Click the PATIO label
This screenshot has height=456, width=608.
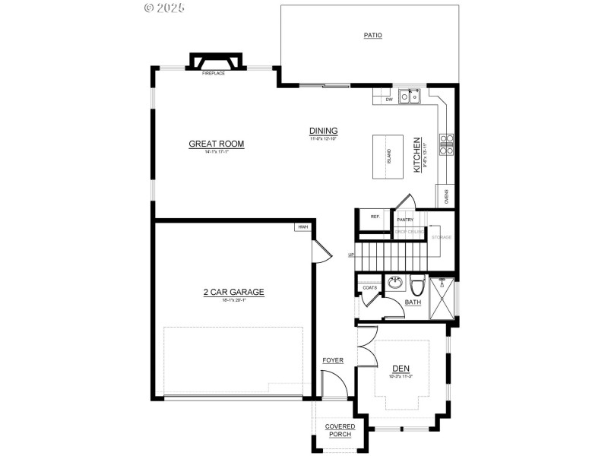(x=372, y=35)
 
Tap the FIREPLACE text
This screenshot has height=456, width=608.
(x=213, y=74)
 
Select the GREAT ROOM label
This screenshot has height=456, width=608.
(x=217, y=144)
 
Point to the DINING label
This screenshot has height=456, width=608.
(x=323, y=131)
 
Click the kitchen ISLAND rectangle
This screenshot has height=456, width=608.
(x=389, y=157)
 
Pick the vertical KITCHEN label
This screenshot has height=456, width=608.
(x=416, y=155)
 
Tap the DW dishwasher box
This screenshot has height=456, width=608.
(x=388, y=99)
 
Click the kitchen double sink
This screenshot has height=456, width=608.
(x=410, y=97)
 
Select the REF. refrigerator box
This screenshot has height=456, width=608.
(x=375, y=217)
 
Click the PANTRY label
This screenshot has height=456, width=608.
(x=405, y=220)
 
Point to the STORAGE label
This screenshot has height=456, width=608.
(x=442, y=237)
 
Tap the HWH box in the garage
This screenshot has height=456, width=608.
(x=302, y=226)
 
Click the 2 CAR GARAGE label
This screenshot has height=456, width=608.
(x=233, y=292)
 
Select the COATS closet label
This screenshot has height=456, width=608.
(x=370, y=287)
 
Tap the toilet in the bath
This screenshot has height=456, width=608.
(x=417, y=286)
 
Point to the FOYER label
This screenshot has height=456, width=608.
(x=333, y=360)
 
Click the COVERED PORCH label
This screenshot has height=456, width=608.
(x=340, y=430)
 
